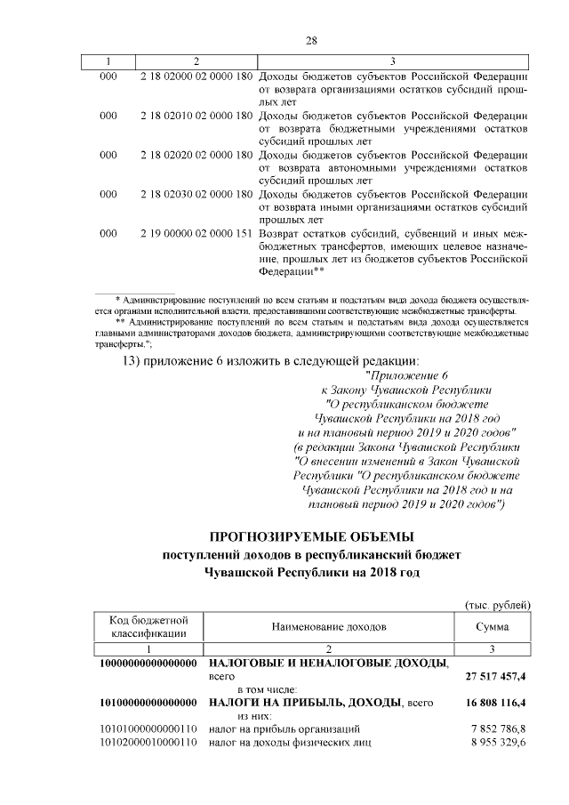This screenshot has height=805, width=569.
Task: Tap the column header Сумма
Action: (492, 626)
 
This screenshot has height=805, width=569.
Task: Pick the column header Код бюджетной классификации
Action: (148, 626)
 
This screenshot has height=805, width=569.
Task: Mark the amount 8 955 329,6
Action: (499, 742)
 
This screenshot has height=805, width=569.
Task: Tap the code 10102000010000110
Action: (148, 742)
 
